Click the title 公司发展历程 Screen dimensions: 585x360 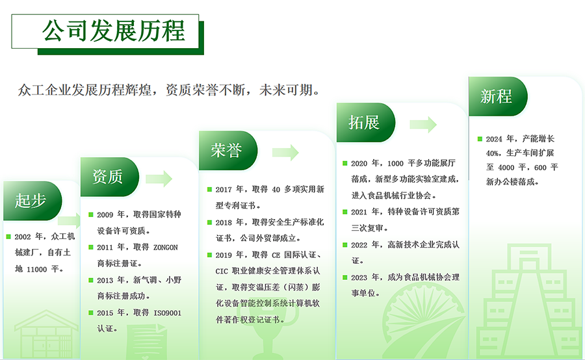tap(113, 31)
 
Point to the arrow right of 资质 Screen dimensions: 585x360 tap(159, 179)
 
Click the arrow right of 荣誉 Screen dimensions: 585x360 tap(285, 152)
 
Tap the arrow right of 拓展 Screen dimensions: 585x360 tap(423, 125)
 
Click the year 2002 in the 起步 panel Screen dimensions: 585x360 tap(23, 237)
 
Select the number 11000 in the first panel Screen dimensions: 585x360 tap(36, 269)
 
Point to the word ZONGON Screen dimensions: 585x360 tap(166, 248)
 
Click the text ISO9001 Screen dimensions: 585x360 tap(168, 313)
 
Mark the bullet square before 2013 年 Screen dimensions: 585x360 tap(90, 280)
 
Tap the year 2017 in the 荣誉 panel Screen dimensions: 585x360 tap(224, 190)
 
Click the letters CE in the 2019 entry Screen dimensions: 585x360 tap(276, 255)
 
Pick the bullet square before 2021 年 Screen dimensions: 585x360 tap(345, 212)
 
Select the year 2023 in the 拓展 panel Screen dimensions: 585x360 tap(359, 277)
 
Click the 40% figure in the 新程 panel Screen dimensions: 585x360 tap(493, 153)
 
